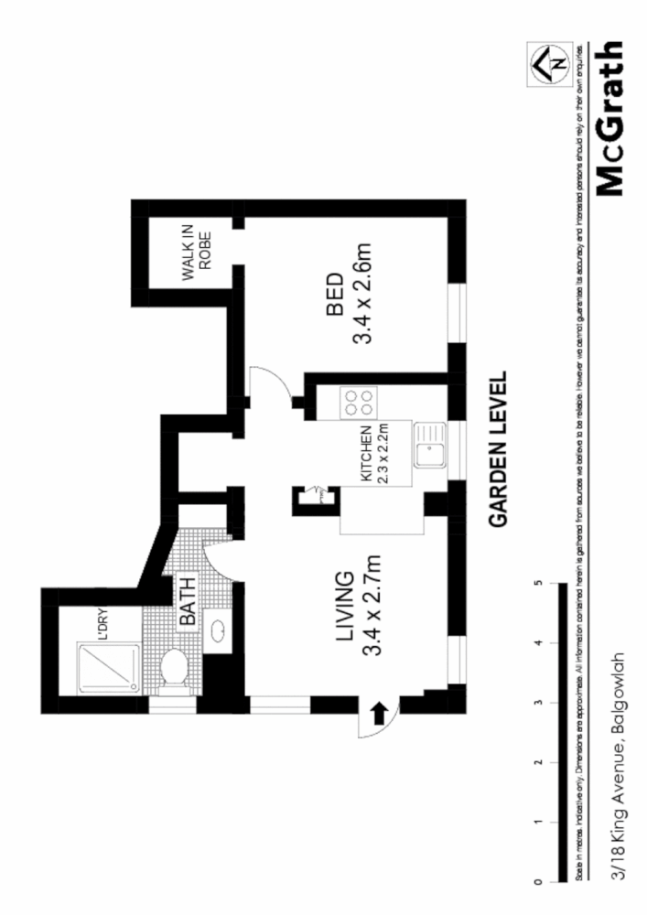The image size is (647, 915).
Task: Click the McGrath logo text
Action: (610, 119)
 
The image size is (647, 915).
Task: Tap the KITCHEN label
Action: (365, 455)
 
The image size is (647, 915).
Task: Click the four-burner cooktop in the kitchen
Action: (358, 404)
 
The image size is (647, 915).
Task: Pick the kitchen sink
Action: (428, 445)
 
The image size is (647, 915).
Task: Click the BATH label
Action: (188, 606)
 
